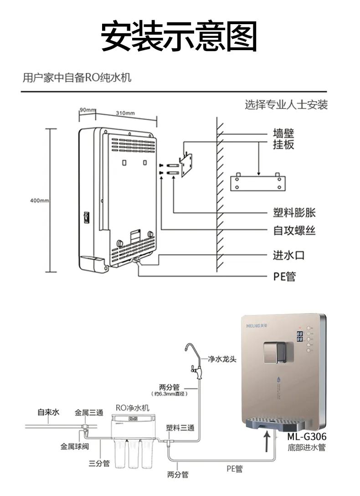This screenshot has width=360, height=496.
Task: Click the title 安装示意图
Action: [179, 36]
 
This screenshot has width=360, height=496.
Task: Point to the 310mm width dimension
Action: [125, 113]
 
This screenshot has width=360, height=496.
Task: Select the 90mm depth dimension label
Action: [87, 110]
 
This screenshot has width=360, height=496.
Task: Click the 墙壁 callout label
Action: [283, 134]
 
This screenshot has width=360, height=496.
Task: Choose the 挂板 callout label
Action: [283, 145]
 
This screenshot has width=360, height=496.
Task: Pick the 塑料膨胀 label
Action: [294, 212]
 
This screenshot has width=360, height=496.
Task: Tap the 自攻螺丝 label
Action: [294, 231]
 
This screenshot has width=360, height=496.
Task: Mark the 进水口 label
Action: [288, 255]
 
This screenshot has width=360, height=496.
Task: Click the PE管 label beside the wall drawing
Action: [284, 276]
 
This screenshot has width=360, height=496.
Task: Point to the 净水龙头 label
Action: [222, 359]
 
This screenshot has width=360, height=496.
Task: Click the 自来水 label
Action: [48, 413]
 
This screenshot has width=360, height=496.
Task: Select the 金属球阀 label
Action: [74, 446]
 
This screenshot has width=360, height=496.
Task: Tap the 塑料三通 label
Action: [180, 428]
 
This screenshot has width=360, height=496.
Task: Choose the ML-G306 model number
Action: [306, 437]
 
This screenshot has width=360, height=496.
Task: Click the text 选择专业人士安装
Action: [286, 105]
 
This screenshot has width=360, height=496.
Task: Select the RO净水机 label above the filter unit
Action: [132, 408]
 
